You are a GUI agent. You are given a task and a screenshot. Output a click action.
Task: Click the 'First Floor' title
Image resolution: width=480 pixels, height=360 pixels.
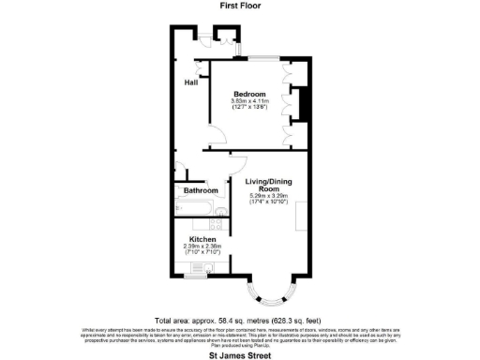(x=240, y=6)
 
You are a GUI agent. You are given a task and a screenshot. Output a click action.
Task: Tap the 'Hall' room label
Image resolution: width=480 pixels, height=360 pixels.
(x=191, y=83)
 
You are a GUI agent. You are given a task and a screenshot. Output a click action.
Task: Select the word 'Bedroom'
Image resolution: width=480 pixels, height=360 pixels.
(x=249, y=95)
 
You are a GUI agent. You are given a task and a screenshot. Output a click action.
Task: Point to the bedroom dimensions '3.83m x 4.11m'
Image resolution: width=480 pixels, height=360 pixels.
(x=249, y=101)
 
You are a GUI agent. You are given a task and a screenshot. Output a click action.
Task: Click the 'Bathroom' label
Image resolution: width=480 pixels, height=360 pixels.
(x=200, y=191)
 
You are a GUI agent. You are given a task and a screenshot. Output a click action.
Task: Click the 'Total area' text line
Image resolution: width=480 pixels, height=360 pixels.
(x=240, y=319)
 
